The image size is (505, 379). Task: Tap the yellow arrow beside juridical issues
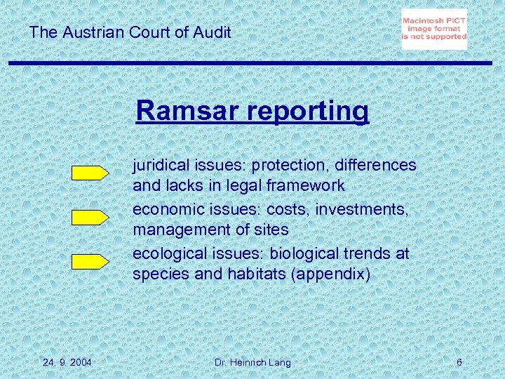[x=90, y=173]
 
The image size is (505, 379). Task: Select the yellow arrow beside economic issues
[x=90, y=217]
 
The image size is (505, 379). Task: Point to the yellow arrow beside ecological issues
[x=90, y=261]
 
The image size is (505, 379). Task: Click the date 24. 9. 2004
[x=66, y=362]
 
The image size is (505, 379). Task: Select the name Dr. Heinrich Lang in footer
[x=253, y=362]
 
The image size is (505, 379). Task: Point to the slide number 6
[x=459, y=362]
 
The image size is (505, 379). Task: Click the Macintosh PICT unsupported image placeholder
[x=434, y=29]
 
